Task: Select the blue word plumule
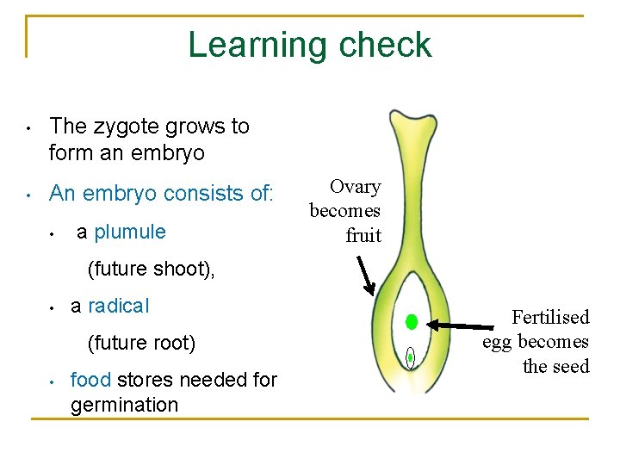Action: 130,232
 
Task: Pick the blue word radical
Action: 119,306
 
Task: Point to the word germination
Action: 124,405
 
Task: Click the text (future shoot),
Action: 152,270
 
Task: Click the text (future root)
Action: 142,343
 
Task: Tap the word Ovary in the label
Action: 356,187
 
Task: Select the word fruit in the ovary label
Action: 363,236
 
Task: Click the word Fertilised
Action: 550,317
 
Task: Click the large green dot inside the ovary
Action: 412,322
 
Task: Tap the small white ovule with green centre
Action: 411,357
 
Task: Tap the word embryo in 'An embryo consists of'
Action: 121,193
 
